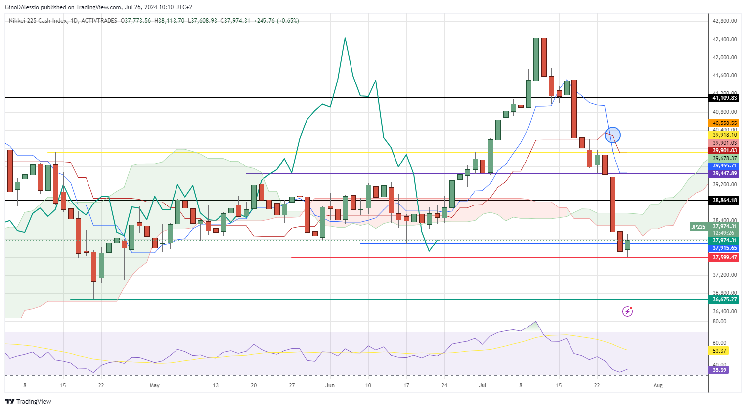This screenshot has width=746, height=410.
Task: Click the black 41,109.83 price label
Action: tap(724, 98)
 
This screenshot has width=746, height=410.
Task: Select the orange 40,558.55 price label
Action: tap(724, 123)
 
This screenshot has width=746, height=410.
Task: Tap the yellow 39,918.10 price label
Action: tap(724, 135)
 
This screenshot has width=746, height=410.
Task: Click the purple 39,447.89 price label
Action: tap(724, 174)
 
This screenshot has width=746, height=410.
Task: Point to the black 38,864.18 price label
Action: tap(724, 201)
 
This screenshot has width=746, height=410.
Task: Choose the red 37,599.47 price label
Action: tap(724, 258)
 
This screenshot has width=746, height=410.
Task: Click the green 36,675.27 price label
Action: tap(724, 300)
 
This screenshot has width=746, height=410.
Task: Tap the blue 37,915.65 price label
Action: tap(724, 248)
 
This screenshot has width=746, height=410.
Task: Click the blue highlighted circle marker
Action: tap(613, 134)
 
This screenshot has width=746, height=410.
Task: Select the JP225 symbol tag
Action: tap(699, 227)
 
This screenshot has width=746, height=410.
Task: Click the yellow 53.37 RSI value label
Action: tap(720, 351)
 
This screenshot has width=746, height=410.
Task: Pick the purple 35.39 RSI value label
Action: tap(720, 370)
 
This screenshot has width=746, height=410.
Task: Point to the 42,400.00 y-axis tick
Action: tap(724, 39)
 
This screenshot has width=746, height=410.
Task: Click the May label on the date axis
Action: tap(155, 385)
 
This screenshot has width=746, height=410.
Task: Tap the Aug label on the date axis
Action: tap(658, 385)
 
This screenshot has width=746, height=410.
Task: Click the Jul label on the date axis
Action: tap(483, 385)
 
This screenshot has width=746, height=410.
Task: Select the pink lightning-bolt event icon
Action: tap(627, 311)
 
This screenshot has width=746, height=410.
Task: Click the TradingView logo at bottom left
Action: tap(28, 401)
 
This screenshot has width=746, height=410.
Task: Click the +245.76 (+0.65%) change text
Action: tap(276, 21)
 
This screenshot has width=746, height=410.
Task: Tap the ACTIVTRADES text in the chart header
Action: tap(99, 21)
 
